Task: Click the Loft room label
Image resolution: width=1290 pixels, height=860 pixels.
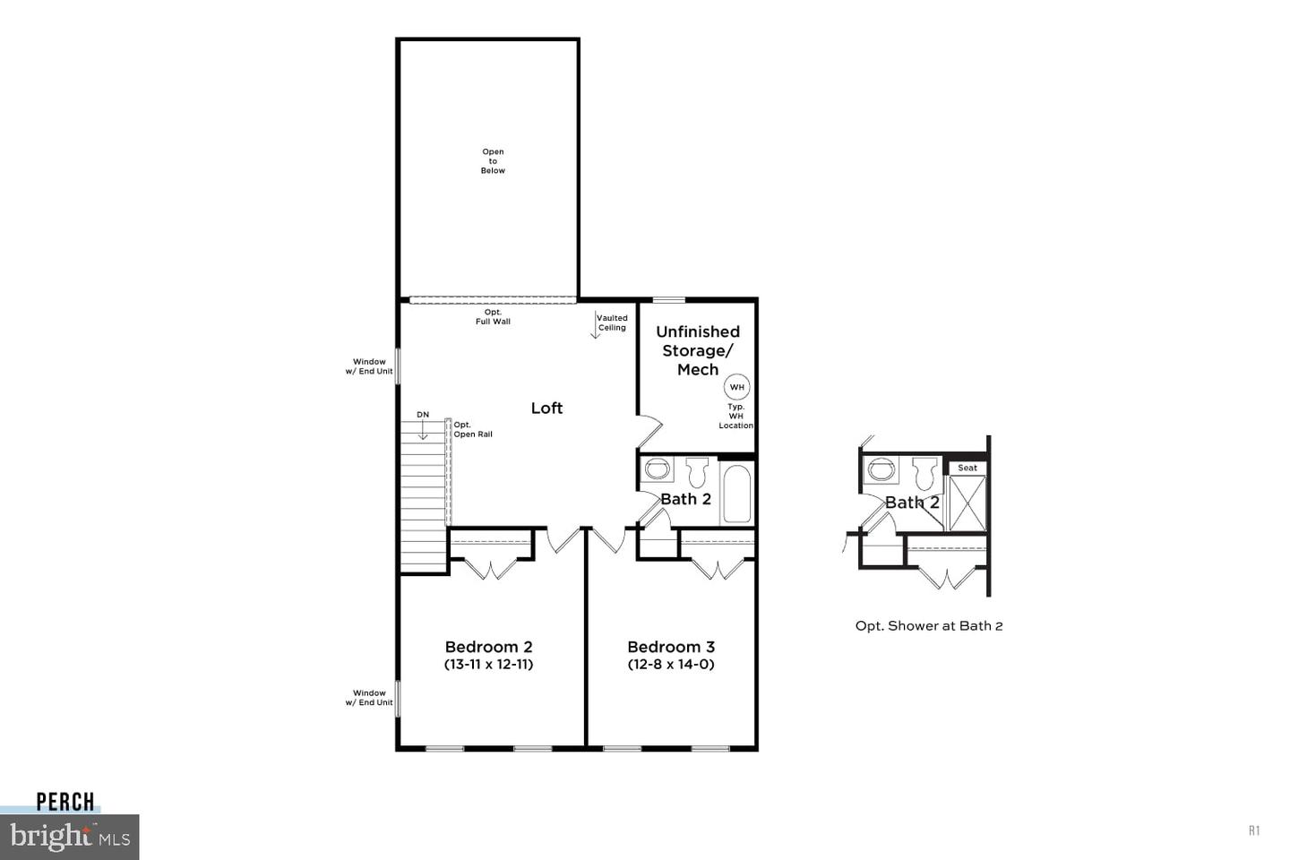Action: click(546, 408)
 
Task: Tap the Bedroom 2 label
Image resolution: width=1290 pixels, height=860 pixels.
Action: click(489, 647)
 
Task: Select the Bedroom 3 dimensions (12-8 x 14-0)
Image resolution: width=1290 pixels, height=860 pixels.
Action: click(671, 665)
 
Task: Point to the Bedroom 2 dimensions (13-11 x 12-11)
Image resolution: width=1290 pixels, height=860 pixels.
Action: click(489, 665)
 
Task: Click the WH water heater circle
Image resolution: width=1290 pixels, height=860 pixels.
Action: click(736, 387)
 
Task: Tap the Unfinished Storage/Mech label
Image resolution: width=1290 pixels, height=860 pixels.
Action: click(698, 350)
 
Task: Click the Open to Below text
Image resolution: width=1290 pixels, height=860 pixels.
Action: click(493, 161)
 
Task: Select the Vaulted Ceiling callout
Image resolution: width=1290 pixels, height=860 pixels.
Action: click(612, 322)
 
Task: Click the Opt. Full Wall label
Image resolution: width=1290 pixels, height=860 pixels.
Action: click(493, 317)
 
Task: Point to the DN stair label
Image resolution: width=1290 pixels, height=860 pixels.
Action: click(423, 415)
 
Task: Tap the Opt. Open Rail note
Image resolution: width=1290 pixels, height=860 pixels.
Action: click(472, 430)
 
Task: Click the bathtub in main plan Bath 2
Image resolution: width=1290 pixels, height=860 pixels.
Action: click(736, 493)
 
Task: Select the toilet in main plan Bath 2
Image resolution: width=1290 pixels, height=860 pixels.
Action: click(697, 471)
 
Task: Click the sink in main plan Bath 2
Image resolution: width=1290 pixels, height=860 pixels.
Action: click(658, 469)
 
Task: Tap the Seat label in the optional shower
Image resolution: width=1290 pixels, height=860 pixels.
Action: click(967, 468)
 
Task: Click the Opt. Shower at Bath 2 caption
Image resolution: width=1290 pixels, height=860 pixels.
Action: click(929, 626)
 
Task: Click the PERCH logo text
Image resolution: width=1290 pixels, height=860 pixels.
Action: click(65, 802)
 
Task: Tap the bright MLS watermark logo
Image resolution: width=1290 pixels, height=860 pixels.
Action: click(70, 838)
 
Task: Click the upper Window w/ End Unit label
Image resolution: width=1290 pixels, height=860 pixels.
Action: click(369, 366)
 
